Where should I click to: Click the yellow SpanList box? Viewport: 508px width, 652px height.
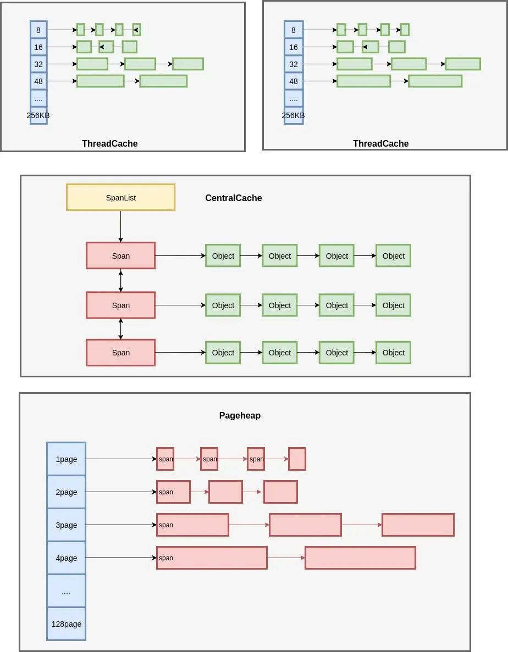click(120, 197)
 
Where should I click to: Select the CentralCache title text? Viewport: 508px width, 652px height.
click(234, 198)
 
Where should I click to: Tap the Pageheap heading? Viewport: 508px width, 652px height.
click(240, 415)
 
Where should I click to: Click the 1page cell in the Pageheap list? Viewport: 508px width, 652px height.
click(66, 459)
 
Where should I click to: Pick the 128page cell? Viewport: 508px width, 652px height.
click(66, 623)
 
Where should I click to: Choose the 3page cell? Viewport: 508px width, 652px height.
click(66, 525)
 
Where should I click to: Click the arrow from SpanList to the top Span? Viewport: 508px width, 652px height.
click(120, 226)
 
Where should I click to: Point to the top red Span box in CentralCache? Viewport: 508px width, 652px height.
click(120, 255)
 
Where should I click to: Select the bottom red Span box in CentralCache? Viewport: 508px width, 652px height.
click(120, 352)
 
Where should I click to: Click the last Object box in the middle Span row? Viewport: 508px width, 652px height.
click(393, 305)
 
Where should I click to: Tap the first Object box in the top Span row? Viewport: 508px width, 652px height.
click(223, 255)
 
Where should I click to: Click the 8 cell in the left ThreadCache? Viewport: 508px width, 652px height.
click(38, 30)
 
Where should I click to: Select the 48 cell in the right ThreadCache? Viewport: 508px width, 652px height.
click(294, 81)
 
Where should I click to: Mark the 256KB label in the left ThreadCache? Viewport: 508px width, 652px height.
click(38, 115)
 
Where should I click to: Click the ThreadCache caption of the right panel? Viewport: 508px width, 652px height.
click(380, 143)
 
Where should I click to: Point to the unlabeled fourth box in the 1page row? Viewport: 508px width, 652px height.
click(297, 459)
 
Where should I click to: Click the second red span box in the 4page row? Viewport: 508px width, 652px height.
click(360, 558)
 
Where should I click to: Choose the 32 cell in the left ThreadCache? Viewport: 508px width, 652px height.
click(38, 64)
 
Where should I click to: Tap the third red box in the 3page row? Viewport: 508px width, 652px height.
click(418, 525)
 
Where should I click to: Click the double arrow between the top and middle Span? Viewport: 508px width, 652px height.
click(120, 280)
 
